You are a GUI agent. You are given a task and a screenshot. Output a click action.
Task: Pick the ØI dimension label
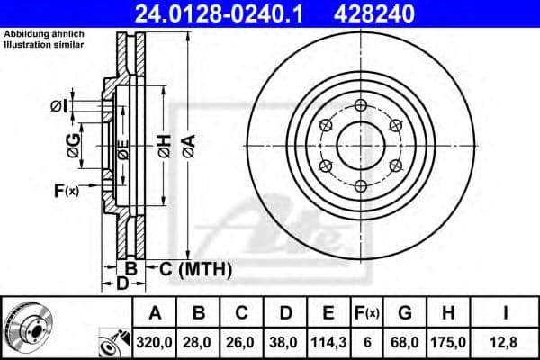click(59, 106)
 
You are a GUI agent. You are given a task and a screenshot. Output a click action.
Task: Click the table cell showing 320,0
click(156, 341)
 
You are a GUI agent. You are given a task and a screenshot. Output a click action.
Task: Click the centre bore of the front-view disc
click(360, 144)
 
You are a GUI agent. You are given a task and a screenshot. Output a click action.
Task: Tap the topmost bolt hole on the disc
click(360, 104)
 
